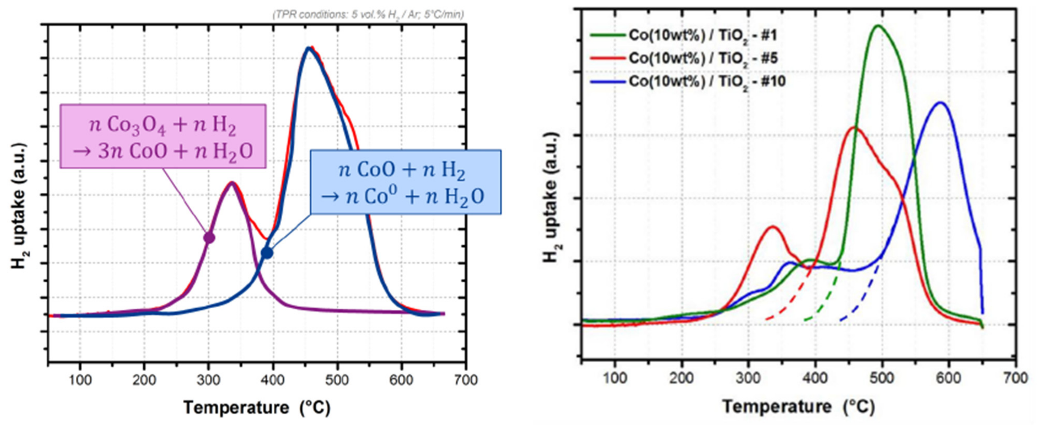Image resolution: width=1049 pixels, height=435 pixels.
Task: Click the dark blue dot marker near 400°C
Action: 267,253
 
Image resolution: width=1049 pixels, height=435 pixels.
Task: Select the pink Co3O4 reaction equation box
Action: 163,136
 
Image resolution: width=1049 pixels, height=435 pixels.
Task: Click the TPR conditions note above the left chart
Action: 368,15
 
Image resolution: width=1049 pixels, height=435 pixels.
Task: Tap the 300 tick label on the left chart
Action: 208,380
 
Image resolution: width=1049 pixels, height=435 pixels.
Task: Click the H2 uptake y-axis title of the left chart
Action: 18,206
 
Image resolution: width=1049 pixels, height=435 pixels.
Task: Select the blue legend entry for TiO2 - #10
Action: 688,81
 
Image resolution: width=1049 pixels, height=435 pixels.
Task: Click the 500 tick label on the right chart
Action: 882,378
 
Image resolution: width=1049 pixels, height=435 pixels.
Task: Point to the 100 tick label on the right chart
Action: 614,378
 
